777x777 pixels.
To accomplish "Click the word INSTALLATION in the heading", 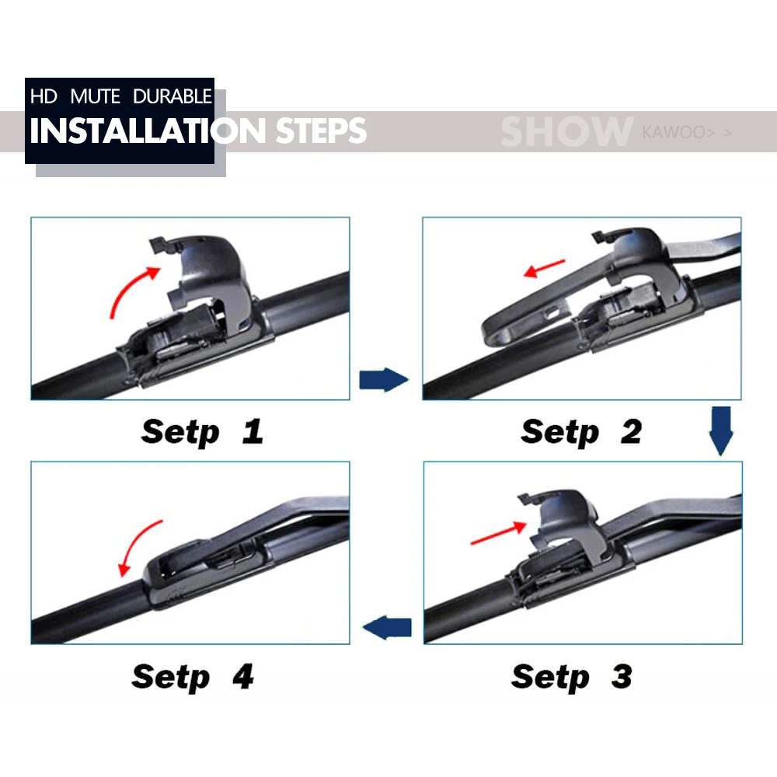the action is [148, 131].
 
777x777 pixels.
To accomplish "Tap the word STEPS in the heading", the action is [321, 131].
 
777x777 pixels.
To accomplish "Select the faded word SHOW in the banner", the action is [567, 132].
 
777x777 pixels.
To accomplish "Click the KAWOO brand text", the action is [678, 132].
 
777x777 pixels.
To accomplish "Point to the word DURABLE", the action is [172, 96].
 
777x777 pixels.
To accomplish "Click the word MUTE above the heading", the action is [95, 96].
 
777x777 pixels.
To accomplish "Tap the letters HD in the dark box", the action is [44, 96].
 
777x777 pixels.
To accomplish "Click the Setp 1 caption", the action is [202, 432].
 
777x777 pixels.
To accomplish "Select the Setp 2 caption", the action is [581, 432].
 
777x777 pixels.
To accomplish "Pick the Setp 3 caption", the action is [572, 677].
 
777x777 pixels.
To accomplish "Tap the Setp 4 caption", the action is [193, 677].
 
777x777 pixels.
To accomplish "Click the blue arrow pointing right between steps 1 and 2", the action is [384, 380].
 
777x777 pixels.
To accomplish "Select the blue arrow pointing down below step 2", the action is [721, 430].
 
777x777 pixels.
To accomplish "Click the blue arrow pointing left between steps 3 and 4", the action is [387, 628].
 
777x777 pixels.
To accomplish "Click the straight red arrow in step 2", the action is [544, 268].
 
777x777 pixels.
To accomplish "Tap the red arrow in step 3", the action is [498, 534].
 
